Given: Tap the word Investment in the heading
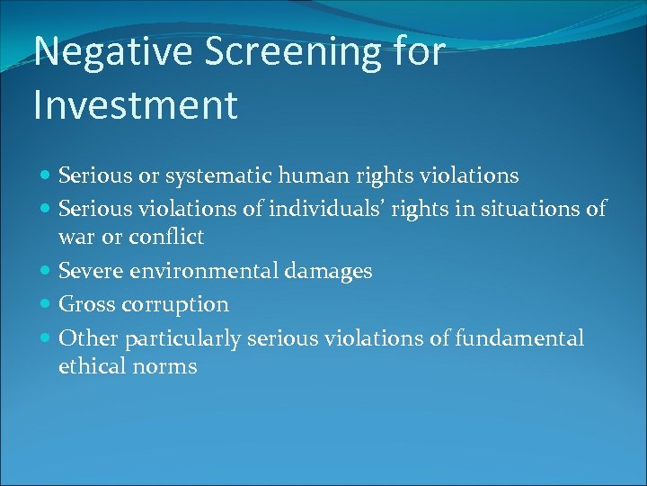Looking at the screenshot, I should [x=136, y=104].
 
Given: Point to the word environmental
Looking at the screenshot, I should [x=205, y=271].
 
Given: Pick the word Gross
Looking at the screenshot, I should [x=84, y=305].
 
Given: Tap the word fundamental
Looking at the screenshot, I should [x=519, y=338].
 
